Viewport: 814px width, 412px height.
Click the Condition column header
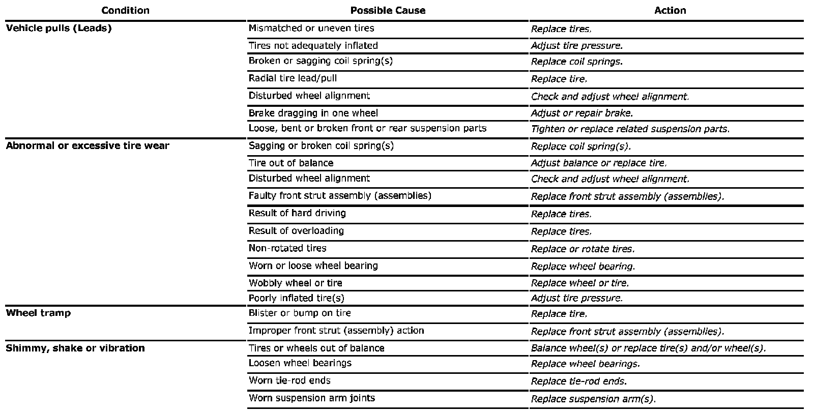125,10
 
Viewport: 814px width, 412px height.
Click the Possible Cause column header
388,10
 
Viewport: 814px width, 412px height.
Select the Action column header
670,10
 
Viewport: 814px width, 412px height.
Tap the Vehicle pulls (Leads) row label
59,28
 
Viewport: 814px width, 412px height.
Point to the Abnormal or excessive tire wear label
88,145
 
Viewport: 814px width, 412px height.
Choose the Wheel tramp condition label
38,313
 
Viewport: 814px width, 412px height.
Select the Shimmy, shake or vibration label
75,348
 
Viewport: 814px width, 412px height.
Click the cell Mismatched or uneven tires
311,28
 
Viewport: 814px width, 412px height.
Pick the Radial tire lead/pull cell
293,78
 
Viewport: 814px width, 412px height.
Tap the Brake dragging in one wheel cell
313,113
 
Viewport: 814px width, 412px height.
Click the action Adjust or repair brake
582,113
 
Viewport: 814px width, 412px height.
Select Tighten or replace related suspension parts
630,129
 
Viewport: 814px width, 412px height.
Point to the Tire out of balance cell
291,163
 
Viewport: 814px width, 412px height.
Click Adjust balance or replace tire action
598,163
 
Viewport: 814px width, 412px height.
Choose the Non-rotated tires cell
287,248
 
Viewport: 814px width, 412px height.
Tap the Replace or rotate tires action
583,249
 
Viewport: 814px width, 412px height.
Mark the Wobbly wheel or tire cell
295,283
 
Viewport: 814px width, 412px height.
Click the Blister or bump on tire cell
300,313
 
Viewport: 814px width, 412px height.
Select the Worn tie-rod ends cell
289,380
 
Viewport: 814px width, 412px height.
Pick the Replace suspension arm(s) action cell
593,399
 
